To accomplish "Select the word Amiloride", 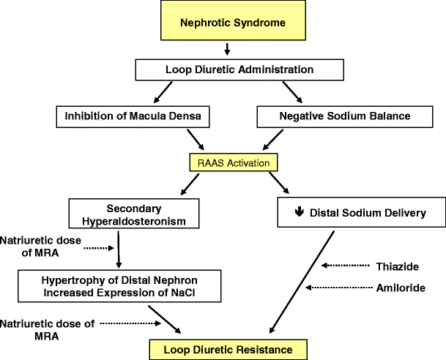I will (400, 288).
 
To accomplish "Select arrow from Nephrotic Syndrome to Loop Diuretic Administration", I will (227, 50).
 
